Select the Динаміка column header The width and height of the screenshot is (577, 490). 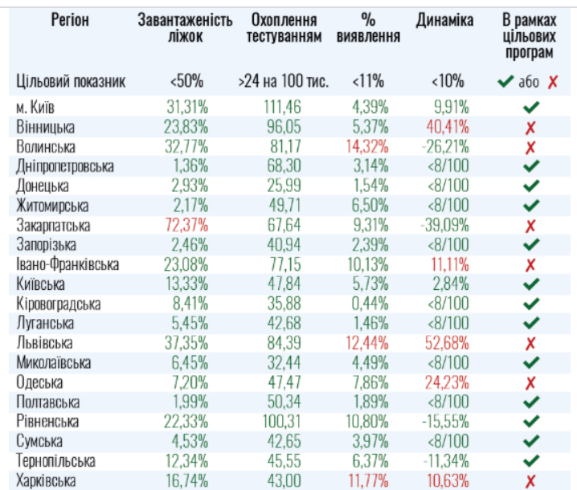pyautogui.click(x=444, y=20)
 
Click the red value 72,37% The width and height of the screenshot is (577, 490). pyautogui.click(x=186, y=226)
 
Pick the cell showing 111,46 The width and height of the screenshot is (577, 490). pyautogui.click(x=282, y=107)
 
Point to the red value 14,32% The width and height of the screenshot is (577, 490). pyautogui.click(x=367, y=147)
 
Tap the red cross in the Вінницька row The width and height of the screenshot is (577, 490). pyautogui.click(x=530, y=128)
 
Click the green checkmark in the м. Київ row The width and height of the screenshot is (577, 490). pyautogui.click(x=530, y=107)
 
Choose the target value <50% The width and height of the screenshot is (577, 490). pyautogui.click(x=186, y=82)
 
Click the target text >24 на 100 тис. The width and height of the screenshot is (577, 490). pyautogui.click(x=284, y=82)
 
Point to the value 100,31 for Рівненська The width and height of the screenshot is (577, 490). pyautogui.click(x=282, y=422)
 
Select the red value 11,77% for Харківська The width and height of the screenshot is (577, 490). pyautogui.click(x=367, y=480)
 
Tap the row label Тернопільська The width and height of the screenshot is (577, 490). pyautogui.click(x=55, y=461)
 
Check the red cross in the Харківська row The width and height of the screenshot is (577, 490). pyautogui.click(x=530, y=480)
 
